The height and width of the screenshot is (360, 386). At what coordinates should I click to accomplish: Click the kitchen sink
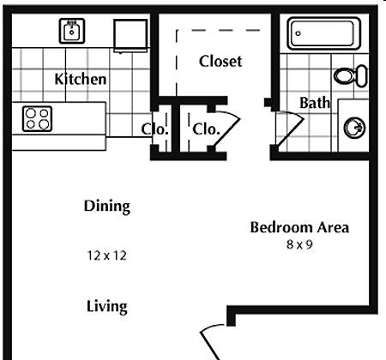72,31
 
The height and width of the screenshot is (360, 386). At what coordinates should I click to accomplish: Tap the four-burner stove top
37,119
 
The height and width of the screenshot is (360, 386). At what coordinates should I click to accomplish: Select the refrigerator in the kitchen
130,36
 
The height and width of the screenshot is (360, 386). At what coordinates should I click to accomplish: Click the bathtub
324,33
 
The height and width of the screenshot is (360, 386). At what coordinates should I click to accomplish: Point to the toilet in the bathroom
351,76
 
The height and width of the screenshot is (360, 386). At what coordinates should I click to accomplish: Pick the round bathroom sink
354,128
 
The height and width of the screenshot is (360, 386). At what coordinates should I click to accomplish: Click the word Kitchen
81,79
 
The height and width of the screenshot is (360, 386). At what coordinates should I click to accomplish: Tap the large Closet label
220,61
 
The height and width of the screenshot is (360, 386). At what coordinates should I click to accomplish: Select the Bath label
315,103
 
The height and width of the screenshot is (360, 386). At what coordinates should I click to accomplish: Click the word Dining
107,207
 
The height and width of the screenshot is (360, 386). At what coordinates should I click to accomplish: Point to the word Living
107,307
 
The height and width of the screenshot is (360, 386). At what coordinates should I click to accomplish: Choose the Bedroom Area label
299,228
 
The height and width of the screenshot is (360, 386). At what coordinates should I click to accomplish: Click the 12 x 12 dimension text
106,255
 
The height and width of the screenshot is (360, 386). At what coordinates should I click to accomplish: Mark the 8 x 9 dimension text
299,244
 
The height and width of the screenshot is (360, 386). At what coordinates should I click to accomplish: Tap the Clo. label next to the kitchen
154,129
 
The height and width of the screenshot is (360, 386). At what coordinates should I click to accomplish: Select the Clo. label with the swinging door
206,129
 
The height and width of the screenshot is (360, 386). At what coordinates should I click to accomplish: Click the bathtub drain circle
299,33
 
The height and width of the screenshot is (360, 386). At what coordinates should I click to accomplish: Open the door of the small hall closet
227,130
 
